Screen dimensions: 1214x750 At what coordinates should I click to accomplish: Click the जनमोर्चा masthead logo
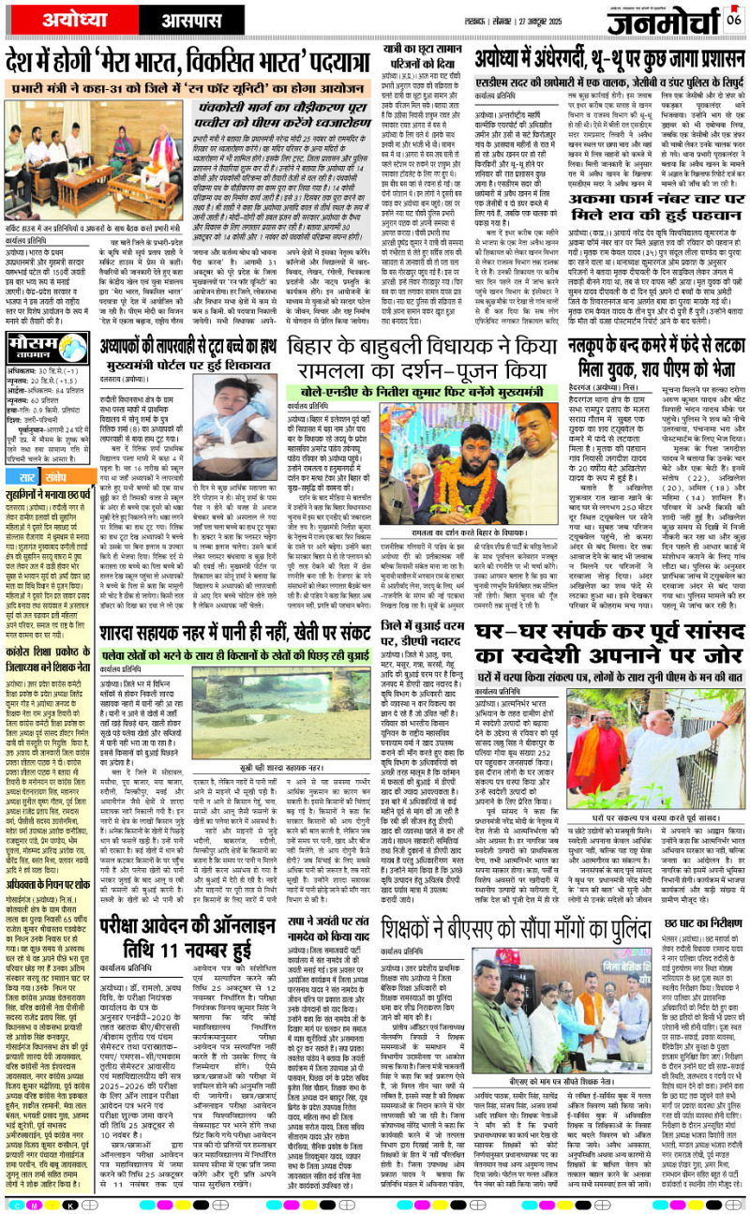[x=657, y=20]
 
